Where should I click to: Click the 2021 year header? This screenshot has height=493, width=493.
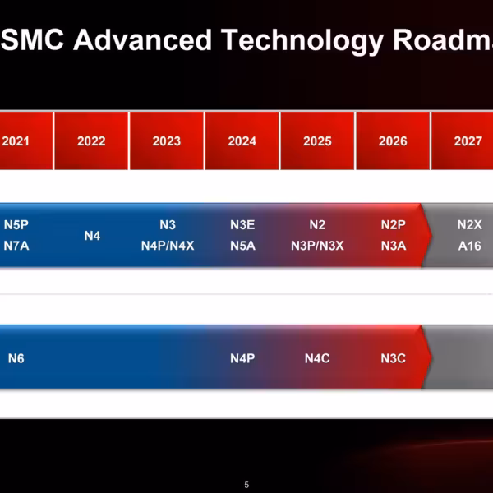(16, 141)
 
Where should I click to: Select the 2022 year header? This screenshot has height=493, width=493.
(91, 141)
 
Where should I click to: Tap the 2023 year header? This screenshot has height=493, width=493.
(167, 141)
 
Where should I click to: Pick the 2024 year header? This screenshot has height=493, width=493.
(242, 141)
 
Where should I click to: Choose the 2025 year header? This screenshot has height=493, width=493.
(317, 141)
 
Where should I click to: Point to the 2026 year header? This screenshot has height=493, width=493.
(393, 141)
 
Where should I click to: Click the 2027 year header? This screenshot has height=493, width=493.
(468, 141)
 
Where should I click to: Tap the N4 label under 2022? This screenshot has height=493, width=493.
(92, 236)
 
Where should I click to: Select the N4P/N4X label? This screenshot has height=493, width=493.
(168, 245)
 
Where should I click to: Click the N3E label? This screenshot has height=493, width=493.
(242, 225)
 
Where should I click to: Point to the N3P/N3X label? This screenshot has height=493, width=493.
(317, 245)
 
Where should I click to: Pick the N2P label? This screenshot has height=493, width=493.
(394, 225)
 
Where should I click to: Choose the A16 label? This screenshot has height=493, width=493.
(469, 245)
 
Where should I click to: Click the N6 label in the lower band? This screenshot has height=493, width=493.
(16, 358)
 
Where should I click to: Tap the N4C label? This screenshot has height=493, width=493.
(317, 358)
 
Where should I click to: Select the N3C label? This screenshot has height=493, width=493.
(394, 358)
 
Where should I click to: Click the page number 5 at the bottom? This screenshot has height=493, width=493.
(246, 484)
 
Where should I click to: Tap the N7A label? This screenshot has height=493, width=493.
(16, 245)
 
